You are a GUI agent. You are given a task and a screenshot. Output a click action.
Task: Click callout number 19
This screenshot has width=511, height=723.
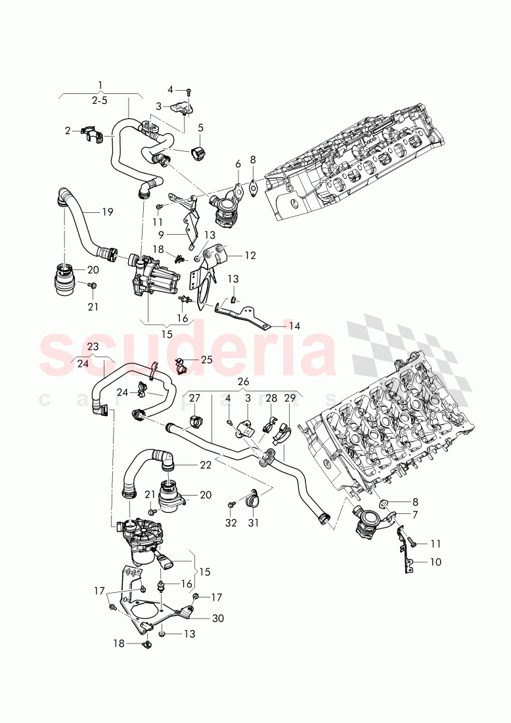point(108,212)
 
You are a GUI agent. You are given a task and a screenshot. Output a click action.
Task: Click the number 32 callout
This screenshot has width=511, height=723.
point(230,524)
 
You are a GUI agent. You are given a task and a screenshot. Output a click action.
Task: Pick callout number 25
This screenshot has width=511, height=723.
point(207,360)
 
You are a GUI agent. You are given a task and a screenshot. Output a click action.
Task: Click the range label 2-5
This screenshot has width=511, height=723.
point(100,100)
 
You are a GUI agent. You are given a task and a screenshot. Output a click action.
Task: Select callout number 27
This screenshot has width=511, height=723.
point(194,398)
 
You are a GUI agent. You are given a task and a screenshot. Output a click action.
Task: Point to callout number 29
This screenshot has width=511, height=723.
point(290,398)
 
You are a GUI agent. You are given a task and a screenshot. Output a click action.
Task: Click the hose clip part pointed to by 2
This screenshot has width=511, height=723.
point(95,134)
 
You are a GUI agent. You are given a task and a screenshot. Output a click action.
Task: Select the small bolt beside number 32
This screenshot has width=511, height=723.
point(231,505)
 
